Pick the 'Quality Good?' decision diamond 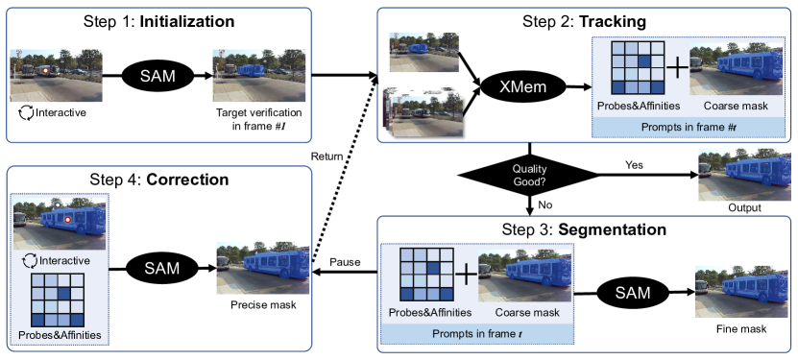527,174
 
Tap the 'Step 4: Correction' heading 160,179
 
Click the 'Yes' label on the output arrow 635,164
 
